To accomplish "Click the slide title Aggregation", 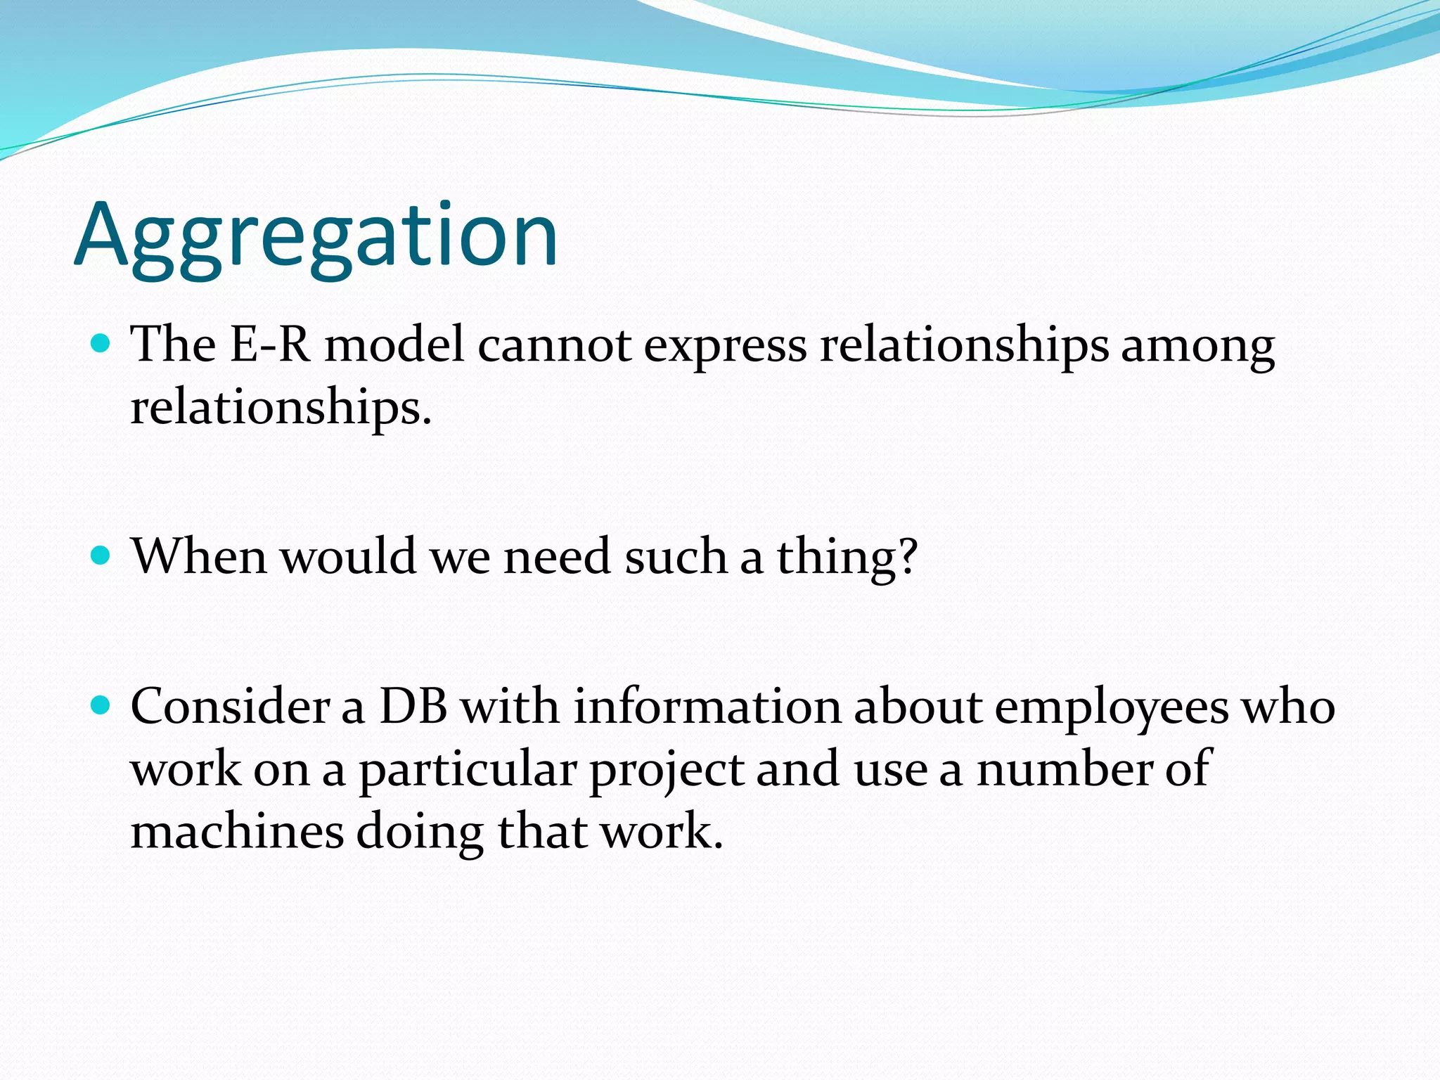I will pyautogui.click(x=316, y=236).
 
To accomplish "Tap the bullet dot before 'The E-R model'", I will pyautogui.click(x=102, y=344).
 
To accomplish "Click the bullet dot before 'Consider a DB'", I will pyautogui.click(x=102, y=705).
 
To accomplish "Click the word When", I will pyautogui.click(x=199, y=556).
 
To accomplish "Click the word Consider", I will pyautogui.click(x=230, y=706).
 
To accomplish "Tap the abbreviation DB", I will pyautogui.click(x=413, y=706).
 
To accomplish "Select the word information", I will pyautogui.click(x=707, y=706).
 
